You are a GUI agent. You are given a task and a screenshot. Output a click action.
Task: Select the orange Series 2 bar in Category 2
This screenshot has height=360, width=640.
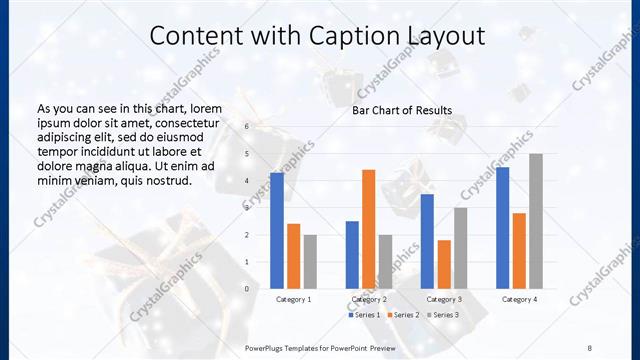point(368,229)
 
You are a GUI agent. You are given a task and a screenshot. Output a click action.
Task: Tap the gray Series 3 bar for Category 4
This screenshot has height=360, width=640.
point(536,221)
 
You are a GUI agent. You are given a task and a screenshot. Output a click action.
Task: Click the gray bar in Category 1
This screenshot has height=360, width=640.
point(310,261)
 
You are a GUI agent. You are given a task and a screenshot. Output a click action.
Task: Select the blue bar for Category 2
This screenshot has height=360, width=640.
point(352,254)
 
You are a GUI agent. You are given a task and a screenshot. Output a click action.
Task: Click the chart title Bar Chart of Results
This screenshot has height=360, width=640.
point(402,110)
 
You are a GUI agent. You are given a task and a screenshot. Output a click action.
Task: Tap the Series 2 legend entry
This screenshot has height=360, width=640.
point(400,315)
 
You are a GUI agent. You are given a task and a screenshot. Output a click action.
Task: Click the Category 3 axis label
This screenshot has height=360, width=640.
point(443,299)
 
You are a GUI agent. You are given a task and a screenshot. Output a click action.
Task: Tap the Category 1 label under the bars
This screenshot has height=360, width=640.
point(294,299)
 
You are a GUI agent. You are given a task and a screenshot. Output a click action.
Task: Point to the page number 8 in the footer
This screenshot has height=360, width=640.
point(590,347)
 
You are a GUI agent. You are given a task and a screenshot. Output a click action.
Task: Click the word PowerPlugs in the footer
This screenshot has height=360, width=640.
point(269,347)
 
